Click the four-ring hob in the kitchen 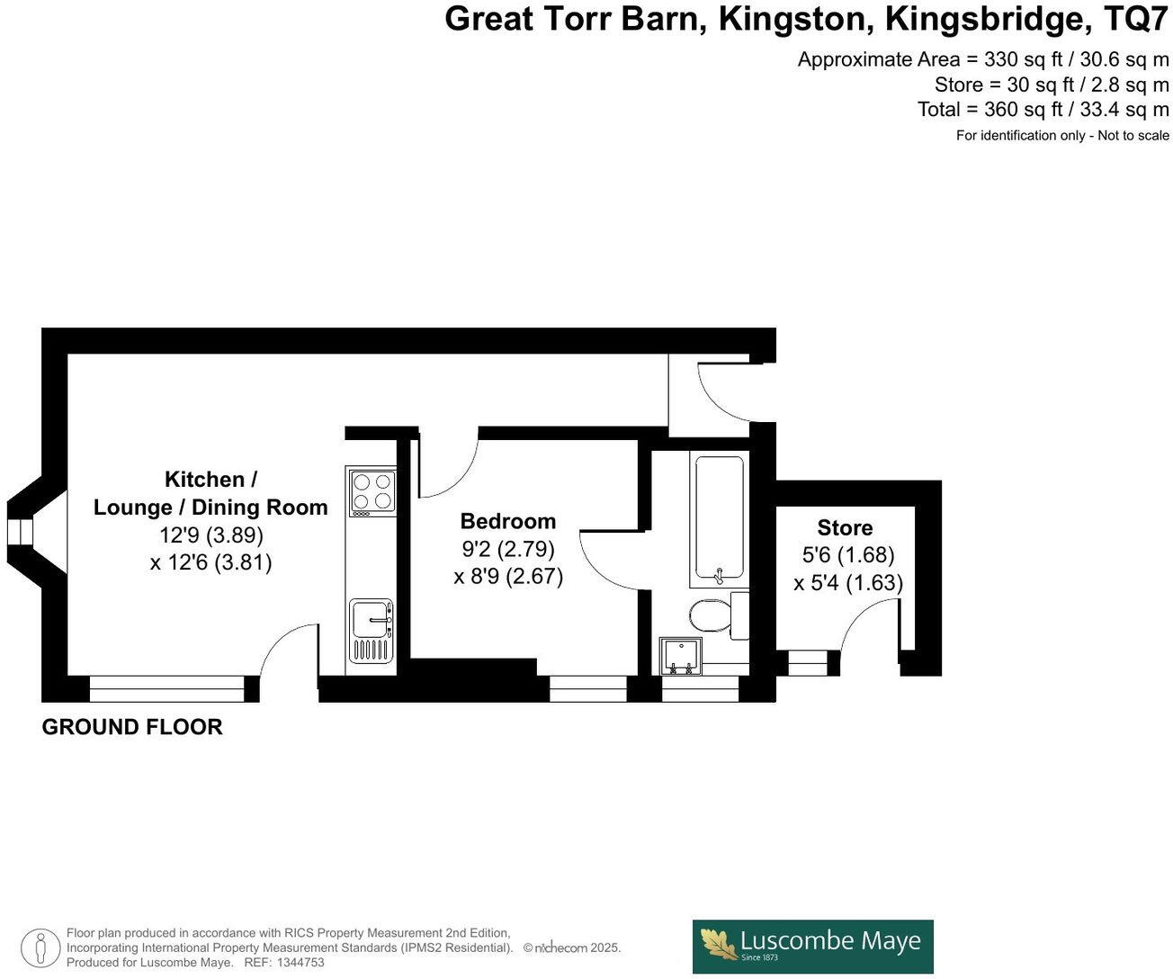[373, 492]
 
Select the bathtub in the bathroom [719, 517]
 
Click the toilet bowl [710, 616]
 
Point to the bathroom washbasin [681, 656]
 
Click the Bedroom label [508, 521]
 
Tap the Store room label [845, 528]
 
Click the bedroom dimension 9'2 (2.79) [508, 548]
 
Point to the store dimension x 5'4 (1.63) [848, 583]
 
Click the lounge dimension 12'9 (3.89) [211, 535]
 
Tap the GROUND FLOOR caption [132, 727]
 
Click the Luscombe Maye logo [812, 946]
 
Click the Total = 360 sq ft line [1043, 110]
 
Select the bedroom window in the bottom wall [588, 689]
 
